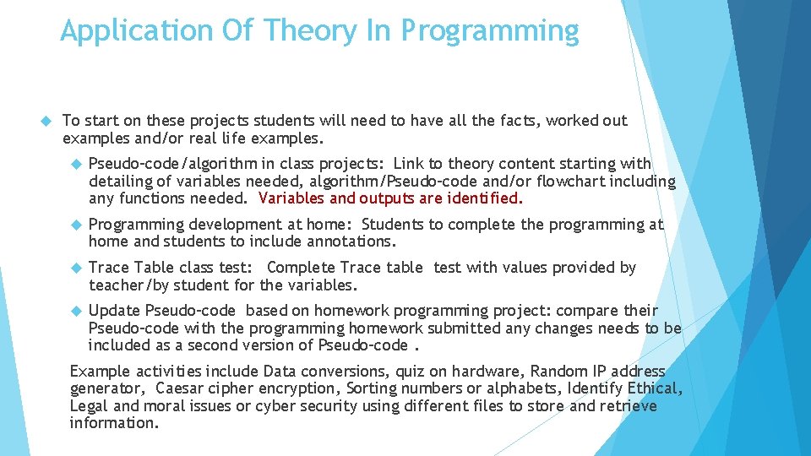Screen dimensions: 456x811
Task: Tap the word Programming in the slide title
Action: pos(490,32)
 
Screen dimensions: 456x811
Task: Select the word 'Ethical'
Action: pos(654,388)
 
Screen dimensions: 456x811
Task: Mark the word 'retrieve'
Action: pos(628,406)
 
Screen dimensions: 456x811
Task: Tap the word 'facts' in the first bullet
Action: pos(519,121)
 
